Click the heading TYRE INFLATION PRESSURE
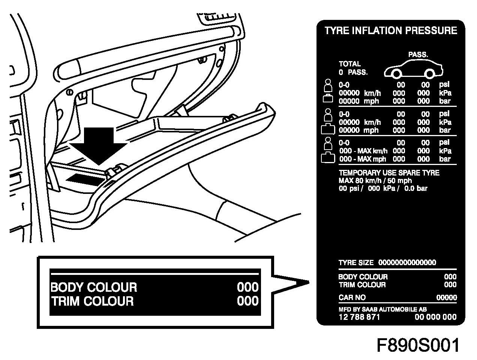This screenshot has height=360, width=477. point(391,31)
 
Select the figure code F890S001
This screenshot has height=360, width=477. point(418,345)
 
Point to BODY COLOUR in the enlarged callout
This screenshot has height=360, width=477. point(94,287)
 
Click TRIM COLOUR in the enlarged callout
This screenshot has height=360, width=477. point(92,301)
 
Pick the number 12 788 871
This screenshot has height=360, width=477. point(359,317)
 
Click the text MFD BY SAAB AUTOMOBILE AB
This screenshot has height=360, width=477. point(382,309)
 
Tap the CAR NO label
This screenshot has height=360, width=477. point(352,298)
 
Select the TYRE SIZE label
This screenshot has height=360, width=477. point(356,262)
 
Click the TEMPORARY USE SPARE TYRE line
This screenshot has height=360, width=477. point(389,173)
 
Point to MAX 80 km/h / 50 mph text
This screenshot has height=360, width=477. point(375,180)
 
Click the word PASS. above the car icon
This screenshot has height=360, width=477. point(418,55)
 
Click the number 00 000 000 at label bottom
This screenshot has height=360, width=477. point(435,317)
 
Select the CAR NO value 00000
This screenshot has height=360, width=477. point(447,298)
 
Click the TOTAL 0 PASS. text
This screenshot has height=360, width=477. point(352,68)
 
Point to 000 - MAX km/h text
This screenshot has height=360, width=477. point(363,151)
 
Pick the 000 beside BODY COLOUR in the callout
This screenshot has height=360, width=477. point(248,287)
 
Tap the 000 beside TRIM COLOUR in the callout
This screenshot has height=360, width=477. point(248,301)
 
